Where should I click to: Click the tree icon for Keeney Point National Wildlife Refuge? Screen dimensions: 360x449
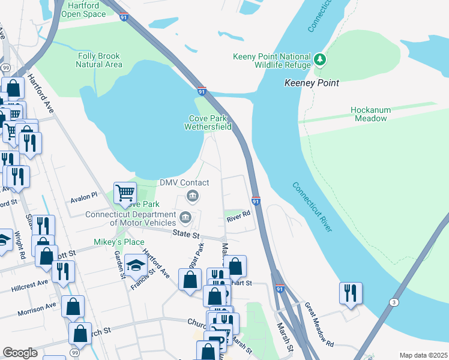coord(321,59)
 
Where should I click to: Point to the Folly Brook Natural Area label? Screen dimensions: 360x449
coord(100,60)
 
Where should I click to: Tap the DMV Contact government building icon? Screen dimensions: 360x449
coord(193,195)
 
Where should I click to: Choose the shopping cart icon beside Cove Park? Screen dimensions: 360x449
coord(125,194)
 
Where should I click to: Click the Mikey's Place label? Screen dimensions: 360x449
coord(119,242)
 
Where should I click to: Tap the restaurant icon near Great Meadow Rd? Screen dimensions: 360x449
coord(351,293)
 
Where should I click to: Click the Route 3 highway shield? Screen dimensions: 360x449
coord(393,303)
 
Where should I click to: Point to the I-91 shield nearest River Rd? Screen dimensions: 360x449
coord(256,200)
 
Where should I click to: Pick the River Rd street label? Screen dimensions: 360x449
coord(238,220)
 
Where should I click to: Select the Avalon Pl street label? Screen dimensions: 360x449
coord(83,196)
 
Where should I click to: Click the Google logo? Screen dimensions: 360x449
coord(20,353)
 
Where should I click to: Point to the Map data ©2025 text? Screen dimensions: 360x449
coord(423,355)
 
